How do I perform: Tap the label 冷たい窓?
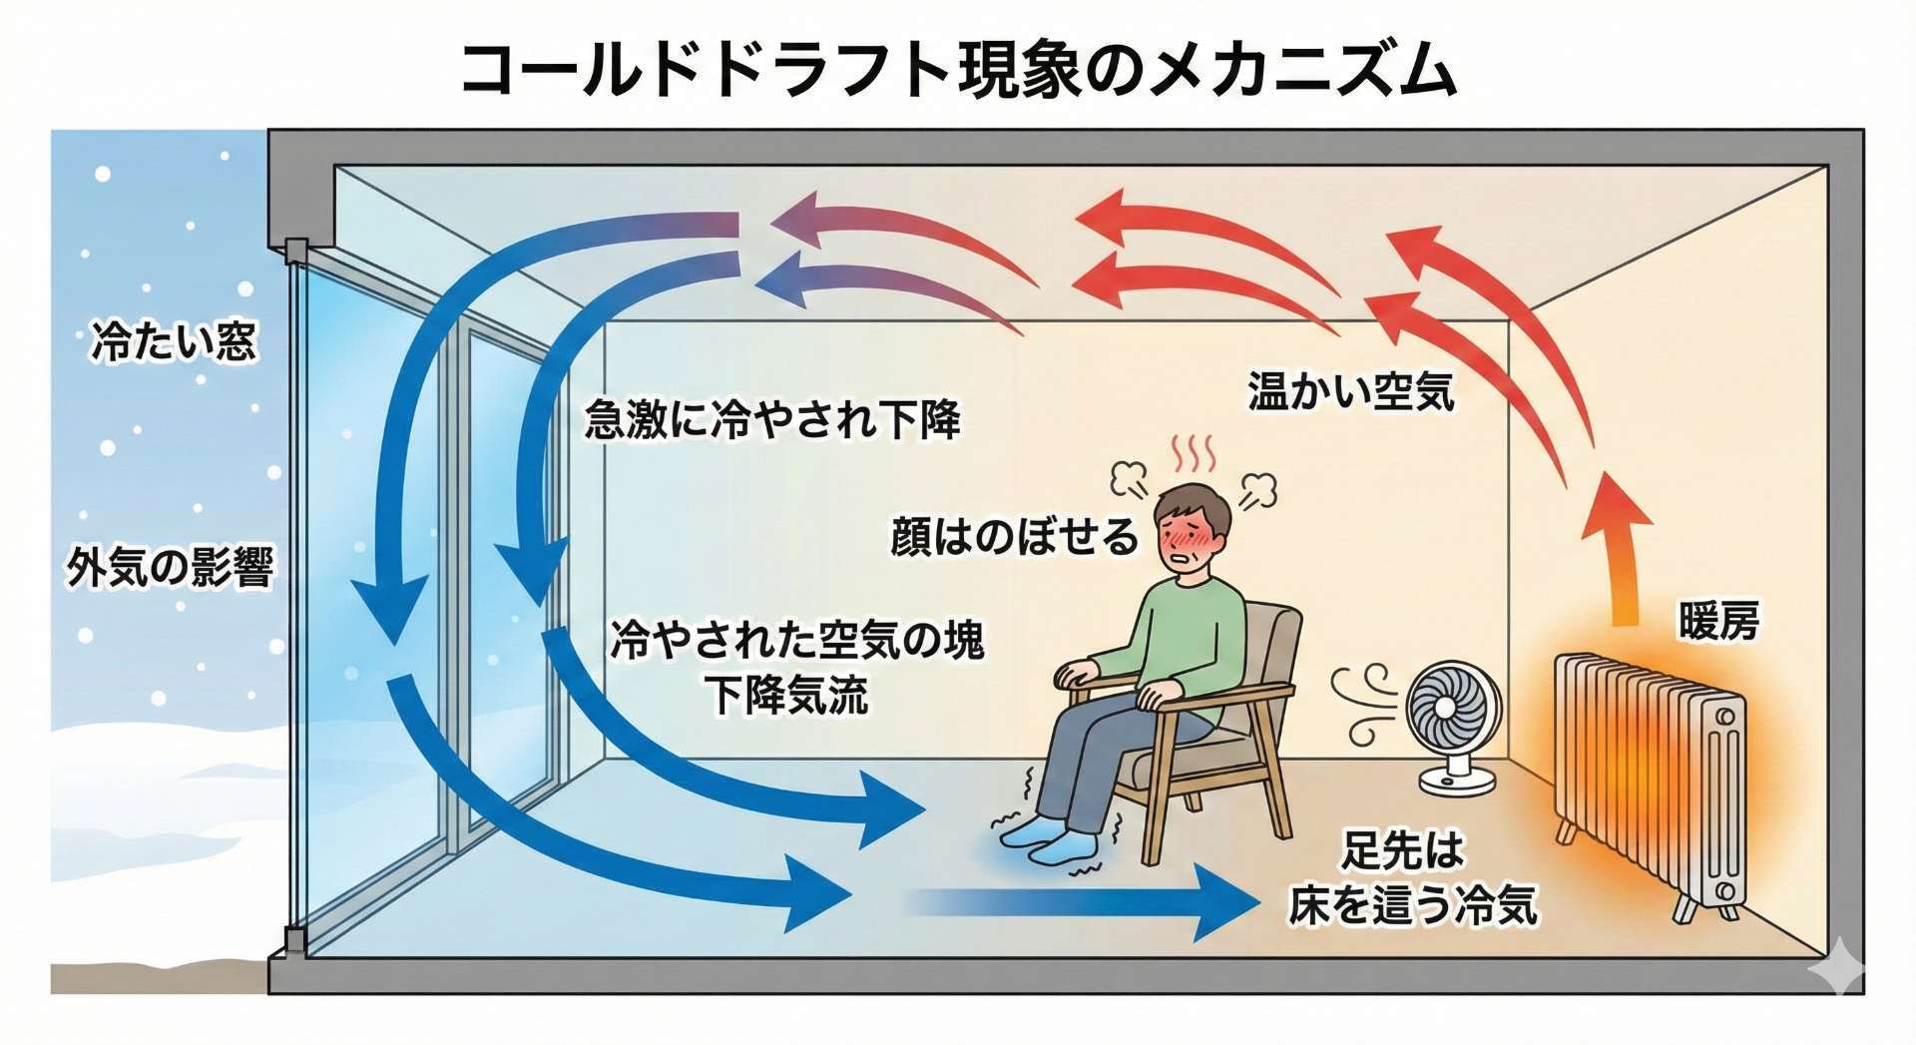174,340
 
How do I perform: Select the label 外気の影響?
171,567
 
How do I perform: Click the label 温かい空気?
1350,391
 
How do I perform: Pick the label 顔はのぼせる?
1014,536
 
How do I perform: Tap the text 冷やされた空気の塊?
796,640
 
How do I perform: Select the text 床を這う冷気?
1411,905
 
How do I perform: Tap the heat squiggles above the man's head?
1195,454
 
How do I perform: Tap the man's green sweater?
1188,639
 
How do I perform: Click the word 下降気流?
788,695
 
